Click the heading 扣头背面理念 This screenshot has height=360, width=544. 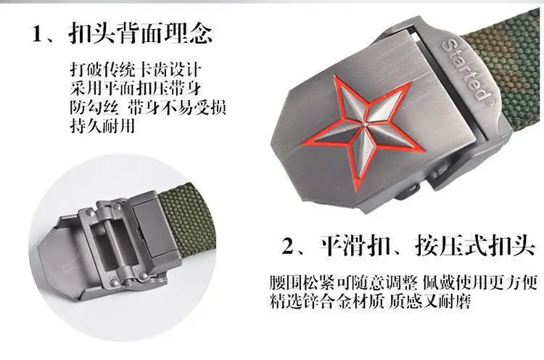coord(141,33)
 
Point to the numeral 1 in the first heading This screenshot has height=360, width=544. coord(37,34)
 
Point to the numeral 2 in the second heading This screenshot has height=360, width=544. coord(288,247)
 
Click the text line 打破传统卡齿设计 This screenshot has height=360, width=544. coord(136,70)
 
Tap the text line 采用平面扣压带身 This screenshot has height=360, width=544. coord(136,88)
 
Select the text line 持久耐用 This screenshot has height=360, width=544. coord(102,126)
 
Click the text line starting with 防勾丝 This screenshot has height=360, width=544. coord(148,107)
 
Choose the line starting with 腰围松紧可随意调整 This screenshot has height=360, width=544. coord(403,282)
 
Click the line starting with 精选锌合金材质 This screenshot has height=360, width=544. coord(370,300)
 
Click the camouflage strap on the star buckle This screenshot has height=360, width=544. coord(506,70)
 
